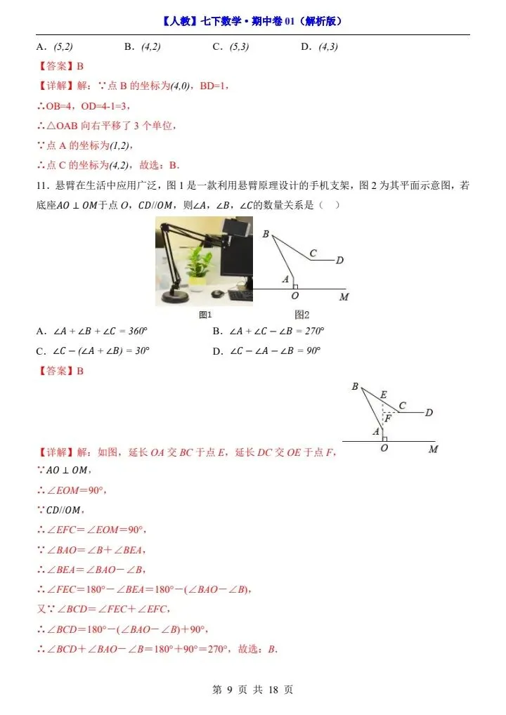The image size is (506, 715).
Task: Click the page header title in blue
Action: pyautogui.click(x=252, y=21)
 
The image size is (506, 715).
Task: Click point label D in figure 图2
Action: pyautogui.click(x=339, y=261)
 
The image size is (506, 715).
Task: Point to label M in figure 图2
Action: pyautogui.click(x=343, y=297)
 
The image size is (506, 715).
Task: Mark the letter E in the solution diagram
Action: pyautogui.click(x=383, y=395)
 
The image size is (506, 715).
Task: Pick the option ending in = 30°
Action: pyautogui.click(x=96, y=351)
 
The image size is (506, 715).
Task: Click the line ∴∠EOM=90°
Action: pyautogui.click(x=71, y=490)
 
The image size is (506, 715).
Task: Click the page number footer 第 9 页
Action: pyautogui.click(x=252, y=690)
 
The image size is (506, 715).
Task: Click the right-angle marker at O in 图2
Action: pyautogui.click(x=296, y=286)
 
